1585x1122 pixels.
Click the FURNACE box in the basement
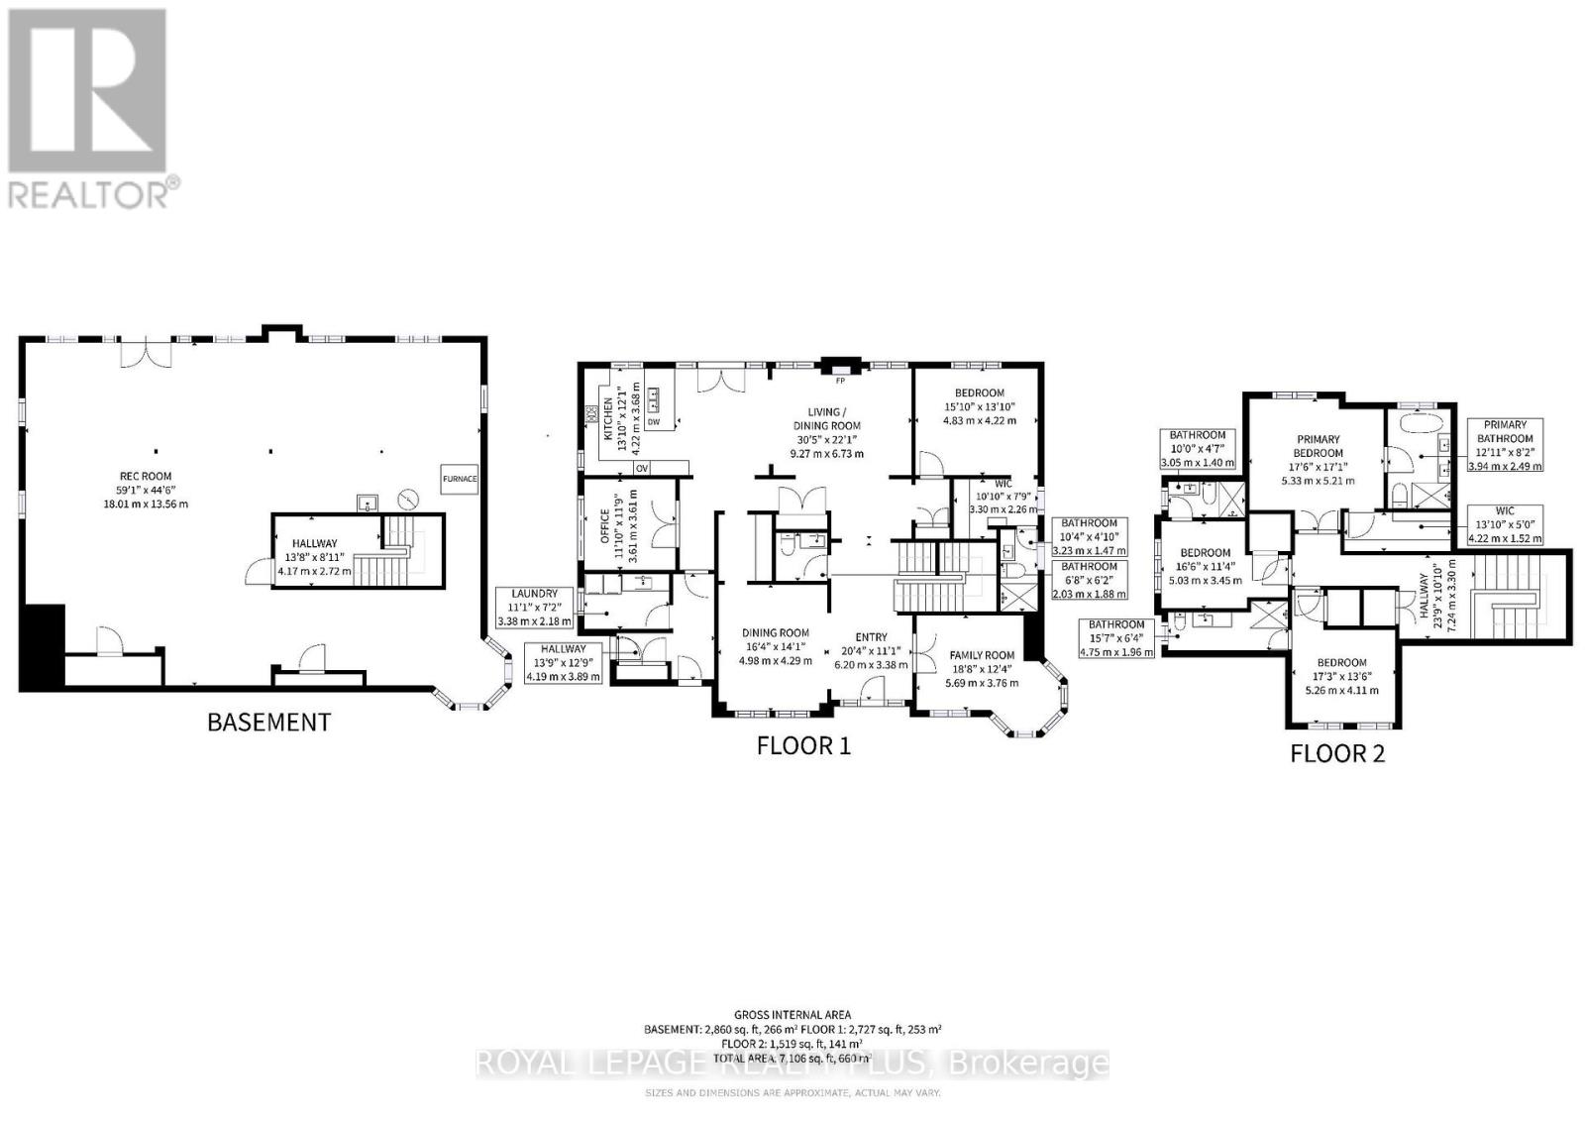click(460, 479)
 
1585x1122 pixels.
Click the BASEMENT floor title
click(267, 722)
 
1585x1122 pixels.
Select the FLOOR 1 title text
click(803, 745)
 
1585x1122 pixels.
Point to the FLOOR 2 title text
click(1336, 753)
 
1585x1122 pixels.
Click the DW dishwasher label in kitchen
click(653, 422)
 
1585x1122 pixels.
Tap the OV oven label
click(641, 468)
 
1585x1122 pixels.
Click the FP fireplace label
click(840, 380)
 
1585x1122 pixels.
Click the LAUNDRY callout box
click(534, 608)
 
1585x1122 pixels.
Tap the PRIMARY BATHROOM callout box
click(1505, 444)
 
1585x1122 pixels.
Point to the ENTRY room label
click(871, 637)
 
